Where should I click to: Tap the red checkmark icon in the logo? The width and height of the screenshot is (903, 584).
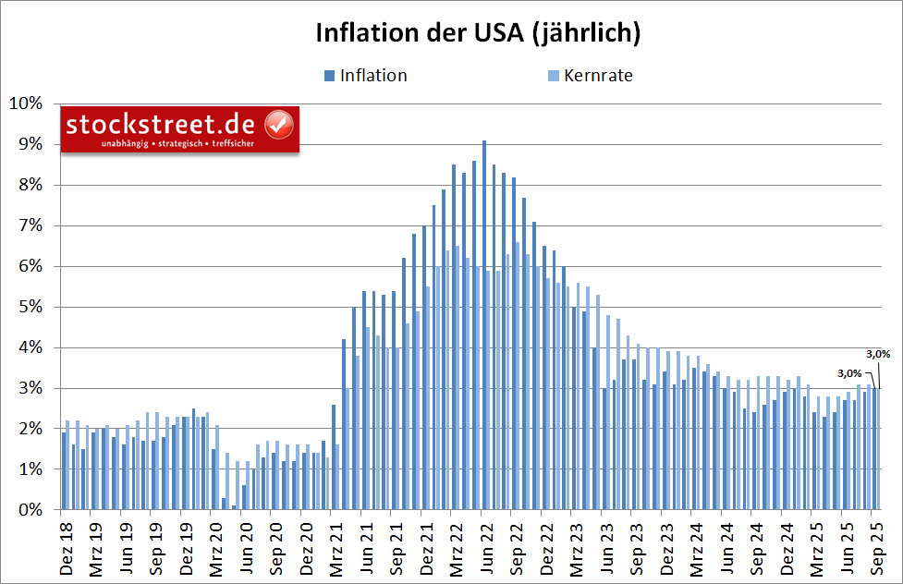pyautogui.click(x=279, y=124)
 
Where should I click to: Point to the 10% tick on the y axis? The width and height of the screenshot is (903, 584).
pyautogui.click(x=25, y=103)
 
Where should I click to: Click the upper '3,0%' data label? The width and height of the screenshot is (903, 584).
pyautogui.click(x=877, y=353)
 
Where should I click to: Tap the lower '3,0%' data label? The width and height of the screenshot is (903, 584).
pyautogui.click(x=849, y=373)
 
